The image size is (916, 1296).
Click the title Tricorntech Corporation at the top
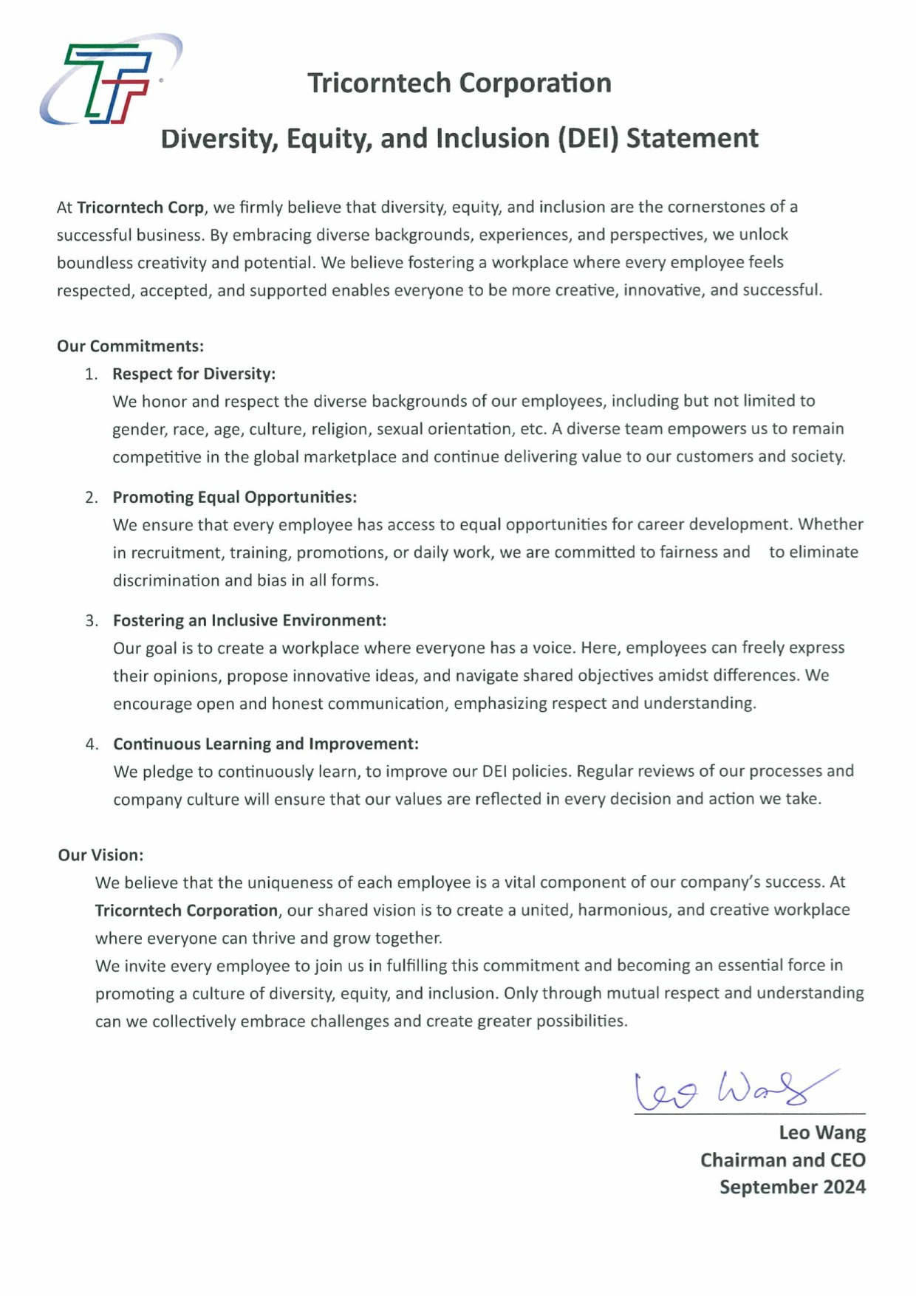(x=459, y=83)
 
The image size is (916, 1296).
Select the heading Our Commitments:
(x=130, y=346)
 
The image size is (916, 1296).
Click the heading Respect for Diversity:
(x=194, y=374)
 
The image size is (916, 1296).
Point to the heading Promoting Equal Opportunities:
(x=234, y=497)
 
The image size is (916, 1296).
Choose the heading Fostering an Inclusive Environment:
(x=249, y=620)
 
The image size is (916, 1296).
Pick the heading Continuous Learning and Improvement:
(x=265, y=744)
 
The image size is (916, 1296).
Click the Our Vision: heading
(x=100, y=854)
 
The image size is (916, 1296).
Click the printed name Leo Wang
(x=821, y=1132)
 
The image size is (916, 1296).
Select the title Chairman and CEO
(x=782, y=1159)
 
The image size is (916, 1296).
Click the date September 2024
(x=792, y=1187)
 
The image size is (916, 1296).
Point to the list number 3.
(x=92, y=620)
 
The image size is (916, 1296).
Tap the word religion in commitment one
(x=339, y=429)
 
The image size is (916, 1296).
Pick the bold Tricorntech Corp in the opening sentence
(x=140, y=207)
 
